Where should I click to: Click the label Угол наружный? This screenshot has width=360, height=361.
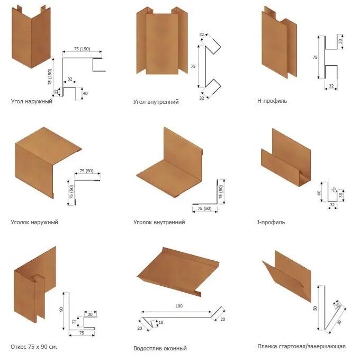click(x=31, y=101)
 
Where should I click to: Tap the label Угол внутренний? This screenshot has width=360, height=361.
click(x=156, y=102)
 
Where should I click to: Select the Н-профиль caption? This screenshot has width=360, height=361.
click(x=272, y=101)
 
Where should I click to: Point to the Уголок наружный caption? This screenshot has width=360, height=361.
click(x=34, y=222)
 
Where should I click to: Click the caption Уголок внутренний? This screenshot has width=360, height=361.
click(x=159, y=222)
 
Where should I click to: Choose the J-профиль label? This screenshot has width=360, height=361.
click(x=271, y=222)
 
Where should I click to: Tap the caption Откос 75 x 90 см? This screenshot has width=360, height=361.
click(x=34, y=347)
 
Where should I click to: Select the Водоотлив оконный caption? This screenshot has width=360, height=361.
click(x=160, y=348)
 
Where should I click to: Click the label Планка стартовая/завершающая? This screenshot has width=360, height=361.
click(x=301, y=346)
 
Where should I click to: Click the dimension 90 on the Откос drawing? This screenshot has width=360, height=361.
click(x=61, y=310)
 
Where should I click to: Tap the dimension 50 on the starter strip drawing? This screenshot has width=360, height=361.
click(x=314, y=307)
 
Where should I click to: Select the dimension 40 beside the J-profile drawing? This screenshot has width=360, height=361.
click(x=319, y=193)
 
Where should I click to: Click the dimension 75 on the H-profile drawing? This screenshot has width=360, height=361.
click(x=315, y=57)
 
